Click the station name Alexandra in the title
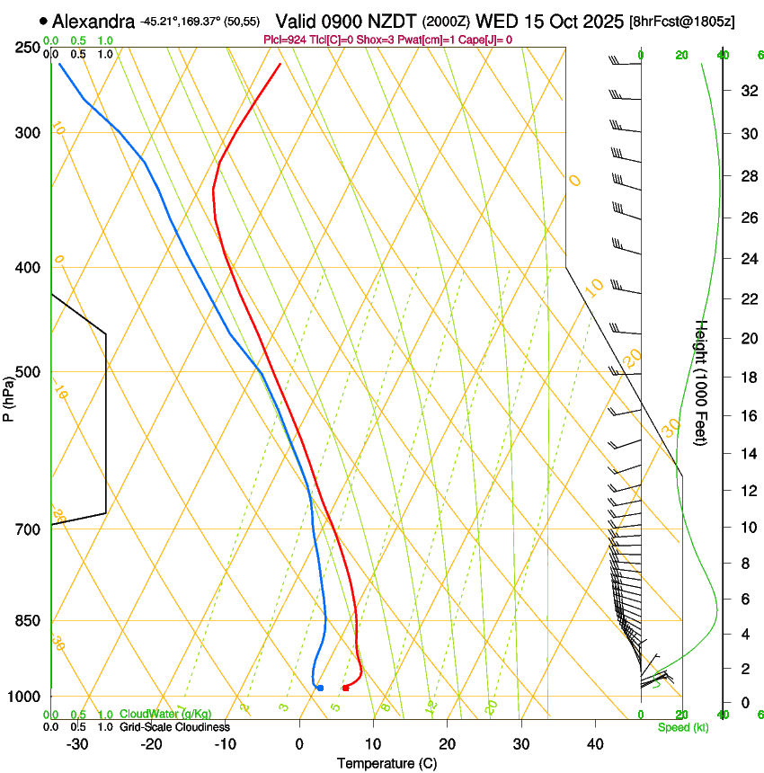tap(94, 22)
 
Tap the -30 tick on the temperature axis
tap(77, 743)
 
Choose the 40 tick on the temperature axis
tap(594, 743)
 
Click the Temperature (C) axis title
tap(386, 763)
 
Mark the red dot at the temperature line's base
tap(346, 688)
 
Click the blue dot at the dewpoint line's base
tap(320, 688)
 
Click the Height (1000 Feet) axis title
tap(702, 382)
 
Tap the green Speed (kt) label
tap(682, 727)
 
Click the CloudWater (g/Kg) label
tap(166, 715)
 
